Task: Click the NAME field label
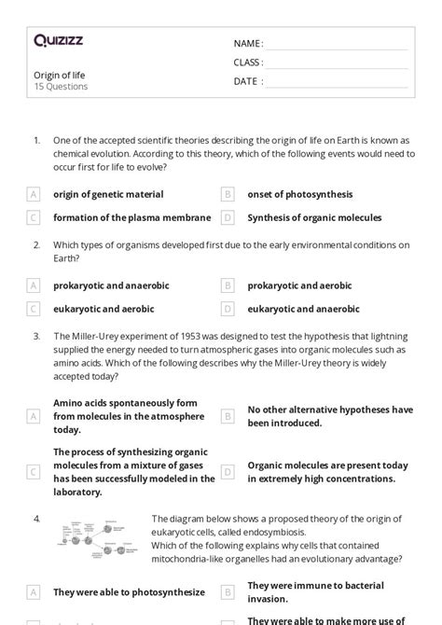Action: coord(248,44)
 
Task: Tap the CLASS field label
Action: coord(248,62)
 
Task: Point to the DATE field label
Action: coord(248,81)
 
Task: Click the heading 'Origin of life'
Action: coord(59,75)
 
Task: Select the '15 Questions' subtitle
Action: coord(61,87)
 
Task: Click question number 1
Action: coord(36,140)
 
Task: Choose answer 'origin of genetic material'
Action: coord(108,194)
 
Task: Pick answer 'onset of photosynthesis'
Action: coord(299,194)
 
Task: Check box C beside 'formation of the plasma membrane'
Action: coord(34,217)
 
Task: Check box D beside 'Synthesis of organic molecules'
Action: coord(228,217)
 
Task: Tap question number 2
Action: coord(36,244)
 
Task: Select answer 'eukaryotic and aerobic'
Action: coord(104,309)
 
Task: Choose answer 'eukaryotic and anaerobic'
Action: coord(303,309)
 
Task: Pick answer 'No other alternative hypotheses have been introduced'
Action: coord(329,416)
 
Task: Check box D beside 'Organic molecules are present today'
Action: coord(228,472)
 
